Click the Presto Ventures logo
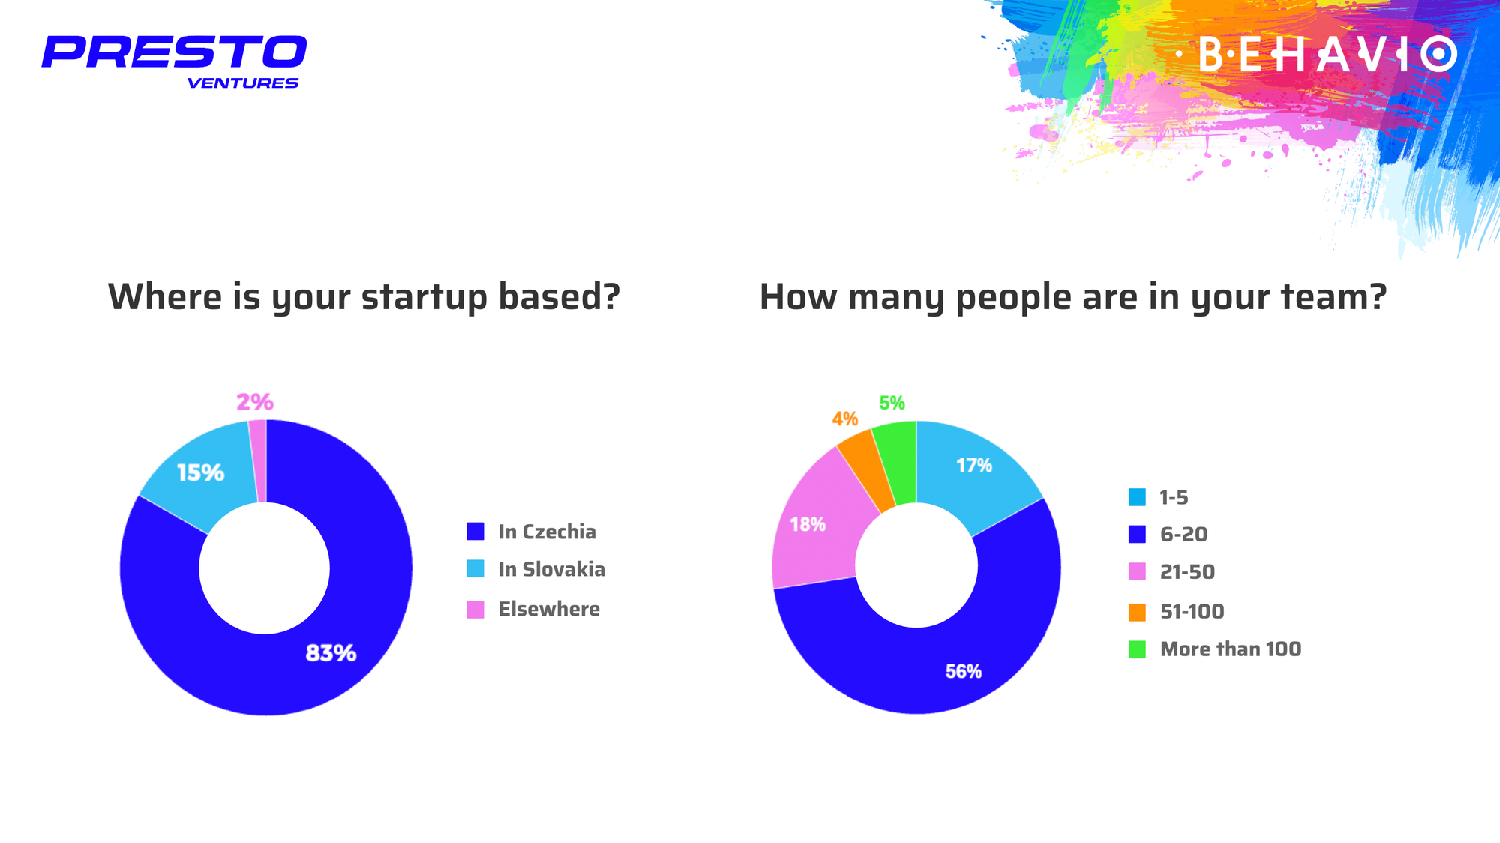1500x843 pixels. point(174,62)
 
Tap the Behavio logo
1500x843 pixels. point(1315,54)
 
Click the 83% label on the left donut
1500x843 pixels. point(331,653)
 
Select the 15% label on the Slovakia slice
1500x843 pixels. point(200,472)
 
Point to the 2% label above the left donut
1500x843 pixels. point(255,402)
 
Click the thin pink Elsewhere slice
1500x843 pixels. point(258,461)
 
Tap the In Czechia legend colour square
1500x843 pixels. point(475,532)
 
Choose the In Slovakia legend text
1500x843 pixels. point(551,569)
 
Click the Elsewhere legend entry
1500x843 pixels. point(533,609)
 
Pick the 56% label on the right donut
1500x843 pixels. point(964,671)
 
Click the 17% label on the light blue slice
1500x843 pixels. point(974,466)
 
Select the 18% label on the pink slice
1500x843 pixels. point(808,524)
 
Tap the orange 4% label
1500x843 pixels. point(844,418)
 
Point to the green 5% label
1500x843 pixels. point(892,403)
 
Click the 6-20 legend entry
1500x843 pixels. point(1168,534)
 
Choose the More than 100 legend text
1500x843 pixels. point(1231,649)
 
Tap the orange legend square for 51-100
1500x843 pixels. point(1137,612)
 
